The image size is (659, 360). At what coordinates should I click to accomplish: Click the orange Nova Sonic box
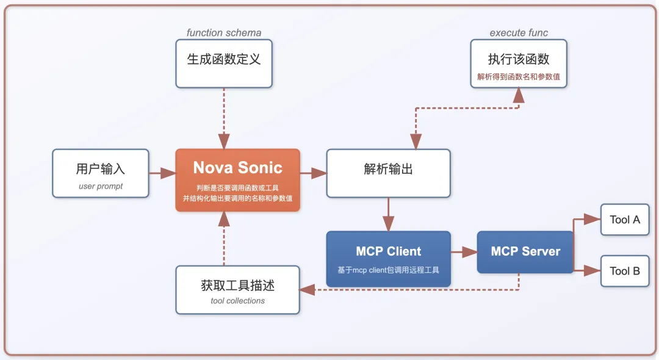point(237,180)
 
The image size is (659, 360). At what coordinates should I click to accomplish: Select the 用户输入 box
point(101,173)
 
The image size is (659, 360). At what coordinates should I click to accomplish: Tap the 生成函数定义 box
point(224,63)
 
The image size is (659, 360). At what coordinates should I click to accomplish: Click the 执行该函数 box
point(519,63)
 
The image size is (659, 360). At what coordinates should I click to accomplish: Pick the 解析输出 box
point(388,173)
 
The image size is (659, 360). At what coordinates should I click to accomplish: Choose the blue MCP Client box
point(388,259)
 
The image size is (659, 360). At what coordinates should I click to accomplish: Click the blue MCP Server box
point(525,251)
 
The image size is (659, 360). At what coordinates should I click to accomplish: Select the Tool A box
point(624,220)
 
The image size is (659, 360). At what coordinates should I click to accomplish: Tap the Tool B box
point(624,271)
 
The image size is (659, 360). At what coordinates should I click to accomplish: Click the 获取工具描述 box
point(237,290)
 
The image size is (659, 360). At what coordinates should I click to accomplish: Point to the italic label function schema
point(224,33)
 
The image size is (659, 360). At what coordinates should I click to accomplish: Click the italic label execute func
point(519,33)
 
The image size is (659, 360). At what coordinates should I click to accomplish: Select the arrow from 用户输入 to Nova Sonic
point(162,173)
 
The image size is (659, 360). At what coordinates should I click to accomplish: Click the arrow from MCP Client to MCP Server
point(464,251)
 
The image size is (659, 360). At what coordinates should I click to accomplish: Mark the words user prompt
point(101,186)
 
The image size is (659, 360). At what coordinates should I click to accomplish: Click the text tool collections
point(237,301)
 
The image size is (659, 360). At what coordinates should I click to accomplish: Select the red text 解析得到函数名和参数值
point(519,78)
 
